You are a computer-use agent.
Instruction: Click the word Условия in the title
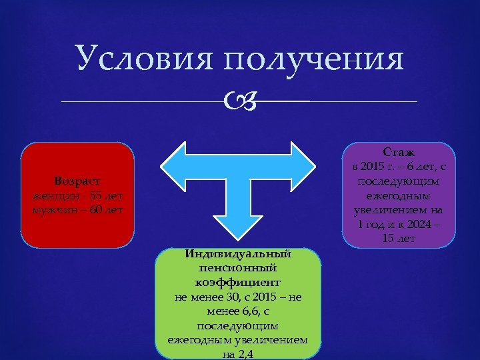pos(145,60)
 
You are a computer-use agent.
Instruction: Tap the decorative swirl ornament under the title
pos(239,101)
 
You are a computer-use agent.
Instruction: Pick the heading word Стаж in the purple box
pos(398,153)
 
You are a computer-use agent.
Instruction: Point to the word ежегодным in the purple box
pos(398,196)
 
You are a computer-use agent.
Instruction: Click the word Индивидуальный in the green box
pos(238,254)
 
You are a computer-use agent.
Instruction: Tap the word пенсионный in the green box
pos(238,268)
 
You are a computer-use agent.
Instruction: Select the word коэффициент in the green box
pos(238,282)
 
